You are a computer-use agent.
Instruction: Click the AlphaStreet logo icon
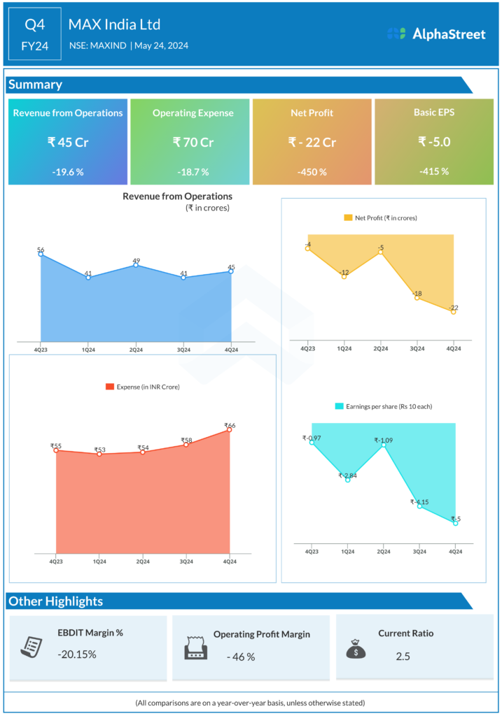(x=396, y=34)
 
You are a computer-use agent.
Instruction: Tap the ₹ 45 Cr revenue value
(x=68, y=142)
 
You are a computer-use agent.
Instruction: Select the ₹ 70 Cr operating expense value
(x=193, y=142)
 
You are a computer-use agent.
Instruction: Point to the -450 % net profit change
(x=312, y=172)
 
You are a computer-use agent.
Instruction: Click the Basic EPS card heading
(x=434, y=112)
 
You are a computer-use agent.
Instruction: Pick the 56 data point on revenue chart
(x=41, y=254)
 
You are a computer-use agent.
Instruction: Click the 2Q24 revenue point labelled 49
(x=136, y=265)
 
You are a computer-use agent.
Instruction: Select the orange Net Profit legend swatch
(x=348, y=218)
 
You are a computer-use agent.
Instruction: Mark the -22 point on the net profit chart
(x=454, y=312)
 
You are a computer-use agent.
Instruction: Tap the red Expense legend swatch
(x=109, y=387)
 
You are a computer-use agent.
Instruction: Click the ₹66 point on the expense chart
(x=229, y=429)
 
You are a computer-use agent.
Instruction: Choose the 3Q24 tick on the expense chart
(x=186, y=561)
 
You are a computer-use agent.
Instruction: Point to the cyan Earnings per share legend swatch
(x=340, y=406)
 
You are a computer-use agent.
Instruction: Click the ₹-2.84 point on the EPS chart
(x=347, y=480)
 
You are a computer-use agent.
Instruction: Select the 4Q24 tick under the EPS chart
(x=455, y=552)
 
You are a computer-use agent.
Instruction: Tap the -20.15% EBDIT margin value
(x=77, y=655)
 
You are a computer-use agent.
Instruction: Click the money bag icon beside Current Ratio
(x=356, y=647)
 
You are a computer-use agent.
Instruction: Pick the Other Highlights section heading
(x=55, y=601)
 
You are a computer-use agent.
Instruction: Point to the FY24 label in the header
(x=35, y=47)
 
